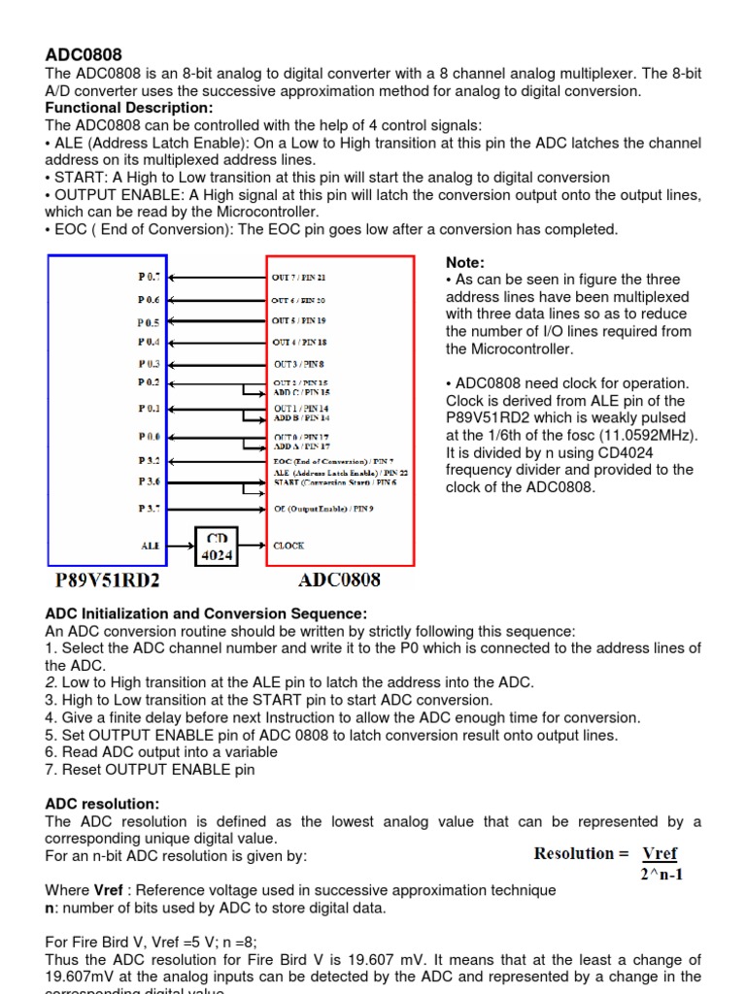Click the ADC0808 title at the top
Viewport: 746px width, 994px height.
click(x=84, y=55)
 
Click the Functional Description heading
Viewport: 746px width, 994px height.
click(x=129, y=108)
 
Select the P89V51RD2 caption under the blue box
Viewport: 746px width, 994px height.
click(x=108, y=581)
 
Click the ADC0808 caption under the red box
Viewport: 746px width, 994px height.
click(x=340, y=580)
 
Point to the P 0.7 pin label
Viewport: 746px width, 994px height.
click(x=150, y=277)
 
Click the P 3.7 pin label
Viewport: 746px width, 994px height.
click(x=150, y=508)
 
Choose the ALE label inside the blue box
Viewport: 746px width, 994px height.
click(x=151, y=547)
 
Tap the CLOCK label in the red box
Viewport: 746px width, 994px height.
click(x=289, y=547)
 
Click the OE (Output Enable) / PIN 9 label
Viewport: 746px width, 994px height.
click(x=324, y=508)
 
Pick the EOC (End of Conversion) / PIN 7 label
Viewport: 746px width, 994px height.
click(x=333, y=460)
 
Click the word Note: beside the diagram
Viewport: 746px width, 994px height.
click(x=464, y=262)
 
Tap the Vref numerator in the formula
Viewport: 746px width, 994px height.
click(x=660, y=854)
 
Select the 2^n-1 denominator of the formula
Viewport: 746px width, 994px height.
click(x=661, y=874)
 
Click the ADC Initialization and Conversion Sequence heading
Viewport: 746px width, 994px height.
click(x=206, y=614)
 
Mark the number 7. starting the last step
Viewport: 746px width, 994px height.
click(x=51, y=770)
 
